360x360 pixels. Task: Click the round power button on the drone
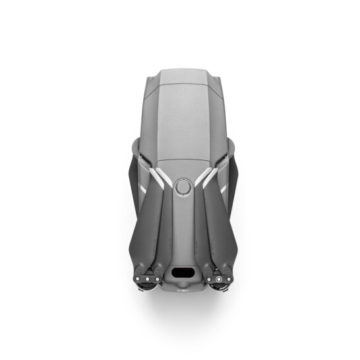click(183, 187)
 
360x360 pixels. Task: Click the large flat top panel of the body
click(182, 122)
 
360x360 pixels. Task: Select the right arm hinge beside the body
click(227, 158)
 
